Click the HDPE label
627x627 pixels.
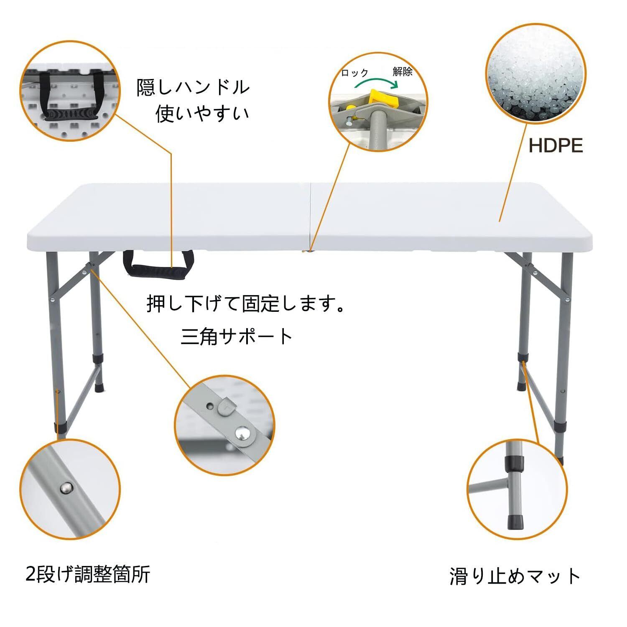pos(556,146)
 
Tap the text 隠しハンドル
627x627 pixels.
pos(193,87)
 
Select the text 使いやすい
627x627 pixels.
pos(202,113)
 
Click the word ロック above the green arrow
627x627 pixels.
pos(354,73)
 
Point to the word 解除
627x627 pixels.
pos(402,71)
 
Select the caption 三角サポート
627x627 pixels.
pos(237,336)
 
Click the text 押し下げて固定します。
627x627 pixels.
pos(246,304)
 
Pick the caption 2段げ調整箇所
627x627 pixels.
pos(88,574)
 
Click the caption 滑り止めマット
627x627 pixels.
pos(515,576)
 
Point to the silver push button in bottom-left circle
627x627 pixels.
pos(65,487)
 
